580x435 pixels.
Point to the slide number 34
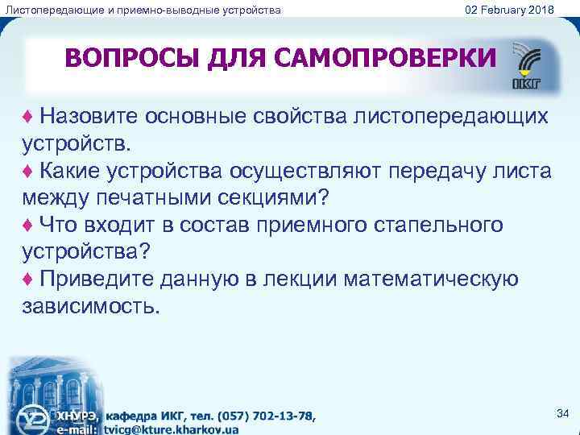562,413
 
